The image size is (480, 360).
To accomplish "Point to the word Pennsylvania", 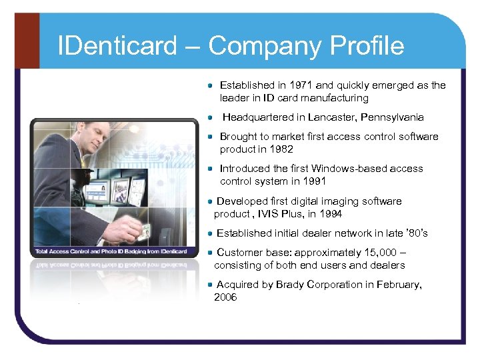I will tap(391, 117).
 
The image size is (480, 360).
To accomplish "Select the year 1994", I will tap(331, 214).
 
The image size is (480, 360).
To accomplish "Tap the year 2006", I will tap(225, 297).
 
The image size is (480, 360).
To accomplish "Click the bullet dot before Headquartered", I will tap(210, 117).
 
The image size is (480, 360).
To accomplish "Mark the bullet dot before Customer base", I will tap(210, 253).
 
